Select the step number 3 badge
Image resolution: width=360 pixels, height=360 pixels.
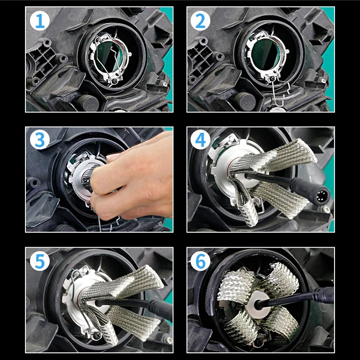39,140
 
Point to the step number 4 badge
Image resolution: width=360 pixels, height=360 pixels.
201,140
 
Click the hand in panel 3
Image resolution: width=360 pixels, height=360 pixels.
134,178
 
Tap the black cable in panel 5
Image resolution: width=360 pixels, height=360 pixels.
144,305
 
